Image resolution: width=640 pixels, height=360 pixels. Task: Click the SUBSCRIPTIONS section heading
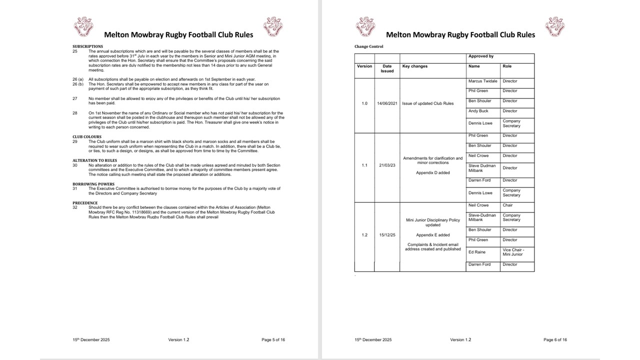pyautogui.click(x=87, y=46)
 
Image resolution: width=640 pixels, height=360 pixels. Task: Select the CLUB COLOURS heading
pyautogui.click(x=87, y=136)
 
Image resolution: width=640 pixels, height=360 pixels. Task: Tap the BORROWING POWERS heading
pyautogui.click(x=93, y=184)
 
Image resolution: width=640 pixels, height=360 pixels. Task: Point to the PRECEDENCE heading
pyautogui.click(x=84, y=203)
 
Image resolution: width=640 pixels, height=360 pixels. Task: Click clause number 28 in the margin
pyautogui.click(x=75, y=113)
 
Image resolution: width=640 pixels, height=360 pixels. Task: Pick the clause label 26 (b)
pyautogui.click(x=77, y=84)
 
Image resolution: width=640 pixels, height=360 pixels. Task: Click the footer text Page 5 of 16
pyautogui.click(x=273, y=340)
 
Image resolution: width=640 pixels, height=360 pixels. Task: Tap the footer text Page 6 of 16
pyautogui.click(x=555, y=340)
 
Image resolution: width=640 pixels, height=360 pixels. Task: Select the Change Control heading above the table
pyautogui.click(x=368, y=46)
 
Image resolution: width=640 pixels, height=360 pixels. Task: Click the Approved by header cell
pyautogui.click(x=481, y=56)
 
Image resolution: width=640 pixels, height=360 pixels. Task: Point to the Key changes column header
pyautogui.click(x=415, y=66)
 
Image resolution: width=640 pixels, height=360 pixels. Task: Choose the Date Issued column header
pyautogui.click(x=387, y=68)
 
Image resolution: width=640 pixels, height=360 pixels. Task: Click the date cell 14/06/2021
pyautogui.click(x=387, y=103)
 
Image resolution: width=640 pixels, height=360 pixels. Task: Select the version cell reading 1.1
pyautogui.click(x=364, y=165)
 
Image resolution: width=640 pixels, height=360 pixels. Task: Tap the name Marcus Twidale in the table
pyautogui.click(x=482, y=81)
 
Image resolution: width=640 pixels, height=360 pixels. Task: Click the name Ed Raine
pyautogui.click(x=477, y=252)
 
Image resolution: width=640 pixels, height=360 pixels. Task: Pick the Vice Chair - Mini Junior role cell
pyautogui.click(x=513, y=252)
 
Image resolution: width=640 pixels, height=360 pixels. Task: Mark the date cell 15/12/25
pyautogui.click(x=387, y=235)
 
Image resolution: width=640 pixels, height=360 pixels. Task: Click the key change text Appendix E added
pyautogui.click(x=433, y=235)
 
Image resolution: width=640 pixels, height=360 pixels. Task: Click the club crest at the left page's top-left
pyautogui.click(x=83, y=26)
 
